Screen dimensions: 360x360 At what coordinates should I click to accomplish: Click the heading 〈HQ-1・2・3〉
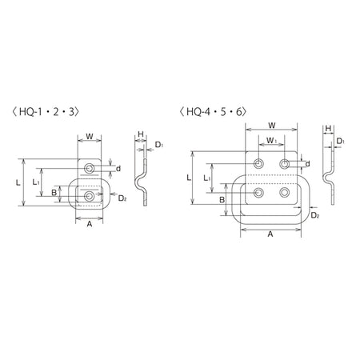coord(46,112)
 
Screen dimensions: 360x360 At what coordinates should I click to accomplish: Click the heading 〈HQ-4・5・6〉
coord(213,112)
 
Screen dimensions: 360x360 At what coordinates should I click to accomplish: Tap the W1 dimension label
coord(271,140)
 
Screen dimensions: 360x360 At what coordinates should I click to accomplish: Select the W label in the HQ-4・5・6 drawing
coord(272,126)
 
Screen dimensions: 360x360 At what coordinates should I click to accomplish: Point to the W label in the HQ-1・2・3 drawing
coord(90,137)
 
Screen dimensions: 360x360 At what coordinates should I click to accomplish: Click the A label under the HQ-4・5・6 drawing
coord(270,234)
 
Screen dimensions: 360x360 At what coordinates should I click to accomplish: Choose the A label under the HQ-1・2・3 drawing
coord(90,224)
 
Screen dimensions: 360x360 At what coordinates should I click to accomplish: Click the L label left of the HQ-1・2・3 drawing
coord(18,183)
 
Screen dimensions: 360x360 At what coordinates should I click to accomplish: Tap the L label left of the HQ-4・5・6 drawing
coord(189,178)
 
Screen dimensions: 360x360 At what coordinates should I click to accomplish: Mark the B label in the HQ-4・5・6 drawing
coord(222,200)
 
